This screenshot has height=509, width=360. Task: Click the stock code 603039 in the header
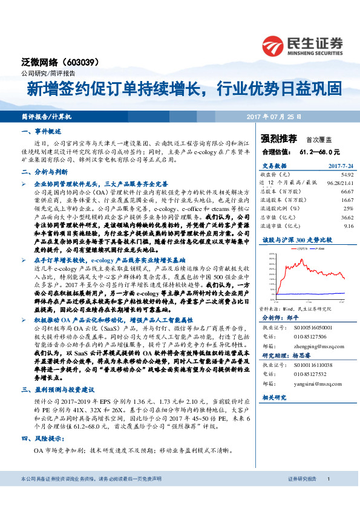[79, 62]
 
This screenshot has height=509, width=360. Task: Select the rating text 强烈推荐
[278, 138]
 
